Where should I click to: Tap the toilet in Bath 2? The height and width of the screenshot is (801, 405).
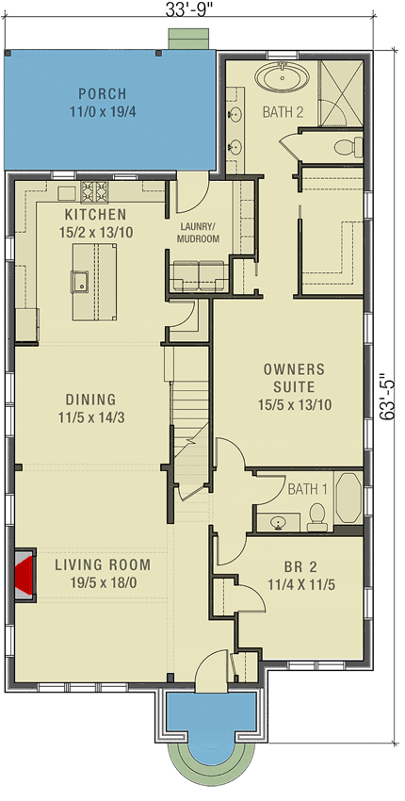tap(348, 146)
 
